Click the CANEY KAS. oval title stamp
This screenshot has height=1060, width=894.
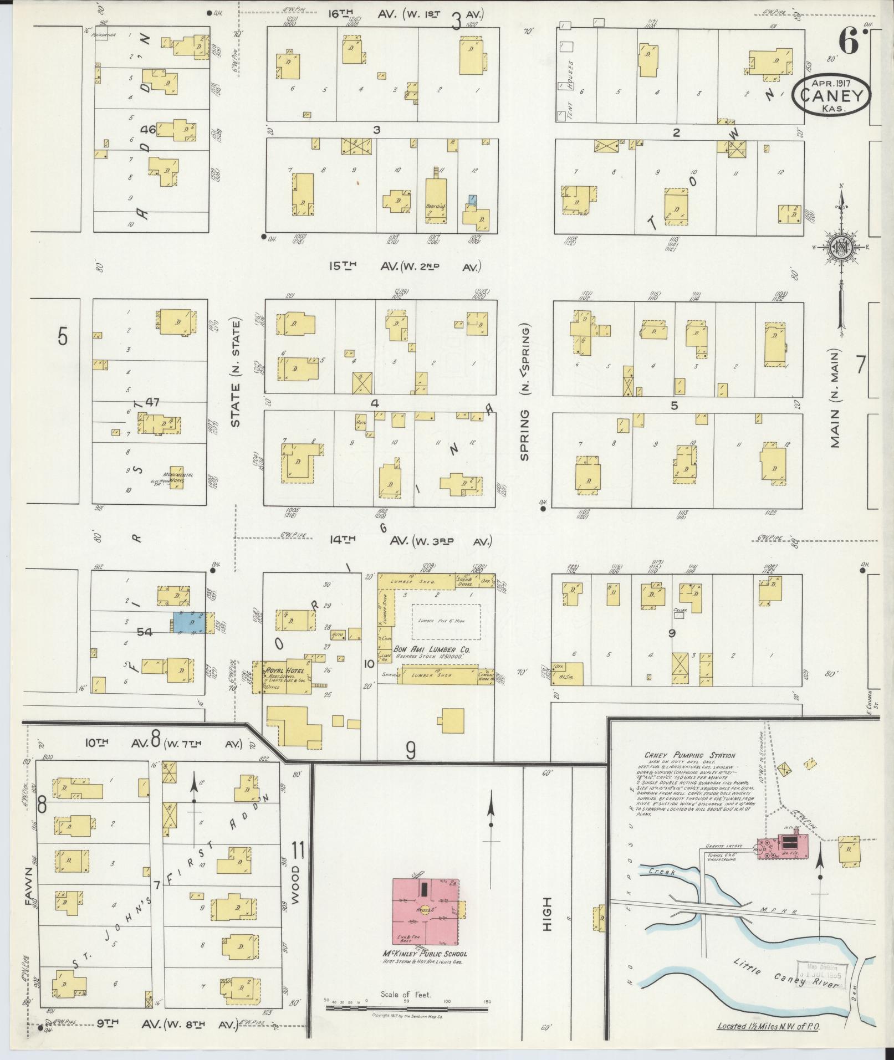click(x=831, y=95)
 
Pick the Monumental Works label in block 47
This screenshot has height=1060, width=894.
click(x=178, y=477)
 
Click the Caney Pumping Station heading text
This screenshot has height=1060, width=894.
click(x=689, y=755)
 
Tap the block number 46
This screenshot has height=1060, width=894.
click(x=149, y=130)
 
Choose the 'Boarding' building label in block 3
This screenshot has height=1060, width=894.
click(x=436, y=206)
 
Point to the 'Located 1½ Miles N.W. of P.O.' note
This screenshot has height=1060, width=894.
click(x=769, y=1026)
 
